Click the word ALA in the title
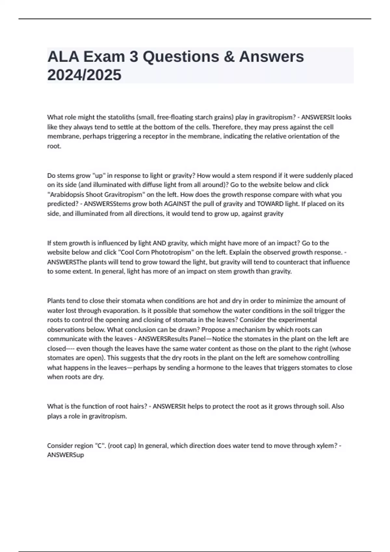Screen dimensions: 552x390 pos(63,56)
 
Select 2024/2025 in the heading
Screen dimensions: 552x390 pos(84,75)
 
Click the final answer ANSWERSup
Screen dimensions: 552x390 pos(66,455)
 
